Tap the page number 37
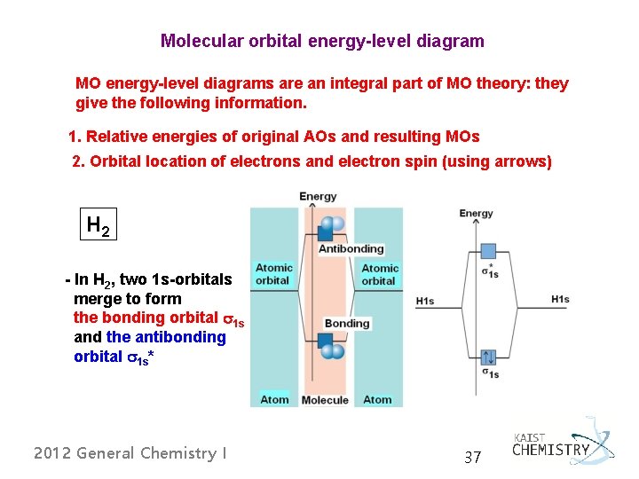(x=473, y=458)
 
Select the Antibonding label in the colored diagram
(x=351, y=249)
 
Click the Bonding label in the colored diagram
(x=347, y=323)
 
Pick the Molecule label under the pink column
(x=325, y=400)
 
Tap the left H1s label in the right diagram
(x=425, y=302)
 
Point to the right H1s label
(x=560, y=300)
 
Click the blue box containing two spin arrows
(x=488, y=357)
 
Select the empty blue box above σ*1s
(x=488, y=251)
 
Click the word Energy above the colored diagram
(x=318, y=196)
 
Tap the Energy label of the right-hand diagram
(x=476, y=213)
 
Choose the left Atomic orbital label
(x=273, y=274)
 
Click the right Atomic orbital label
(x=379, y=274)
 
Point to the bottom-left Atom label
(x=274, y=400)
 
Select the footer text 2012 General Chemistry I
(x=130, y=453)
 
